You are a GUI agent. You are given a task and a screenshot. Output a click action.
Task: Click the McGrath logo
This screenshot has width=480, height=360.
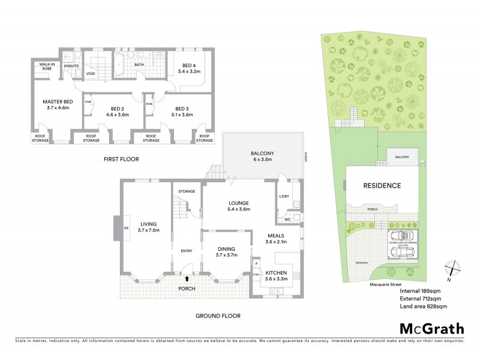[431, 328]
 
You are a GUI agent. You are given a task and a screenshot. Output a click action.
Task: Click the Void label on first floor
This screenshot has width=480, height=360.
[91, 74]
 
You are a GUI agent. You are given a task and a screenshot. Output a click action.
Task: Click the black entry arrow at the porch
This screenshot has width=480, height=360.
[190, 278]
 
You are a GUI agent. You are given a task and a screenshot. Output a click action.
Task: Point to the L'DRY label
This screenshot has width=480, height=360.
[284, 196]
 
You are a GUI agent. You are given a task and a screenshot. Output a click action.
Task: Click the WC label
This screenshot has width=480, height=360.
[287, 219]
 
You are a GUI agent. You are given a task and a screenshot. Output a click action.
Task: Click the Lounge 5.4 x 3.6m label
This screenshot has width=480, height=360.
[239, 206]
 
